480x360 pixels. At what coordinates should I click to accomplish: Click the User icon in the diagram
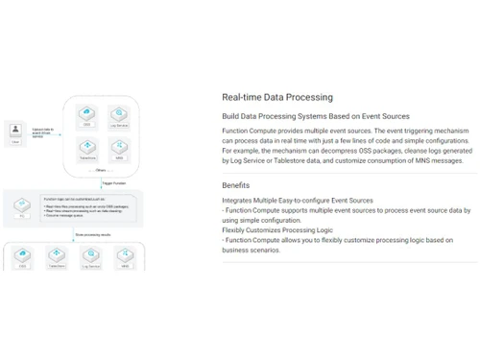(x=14, y=130)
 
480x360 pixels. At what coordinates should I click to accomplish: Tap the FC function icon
(x=19, y=204)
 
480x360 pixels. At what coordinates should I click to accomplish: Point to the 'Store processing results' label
(x=93, y=233)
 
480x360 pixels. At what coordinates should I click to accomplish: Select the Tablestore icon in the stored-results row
(x=56, y=255)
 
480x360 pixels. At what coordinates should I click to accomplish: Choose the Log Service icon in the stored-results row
(x=91, y=255)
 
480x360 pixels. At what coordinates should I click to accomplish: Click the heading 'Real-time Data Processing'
(x=277, y=97)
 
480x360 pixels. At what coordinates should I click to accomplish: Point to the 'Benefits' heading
(x=236, y=184)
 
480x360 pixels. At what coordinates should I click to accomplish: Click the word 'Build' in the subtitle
(x=231, y=116)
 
